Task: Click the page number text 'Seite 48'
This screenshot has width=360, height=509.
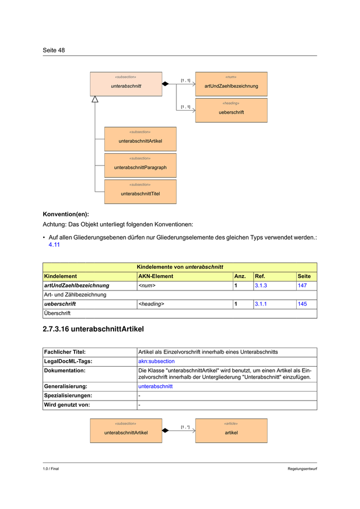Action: (x=54, y=50)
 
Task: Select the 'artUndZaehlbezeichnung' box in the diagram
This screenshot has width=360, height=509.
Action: (x=231, y=84)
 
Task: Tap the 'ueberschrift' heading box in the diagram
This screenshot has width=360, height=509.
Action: (x=231, y=110)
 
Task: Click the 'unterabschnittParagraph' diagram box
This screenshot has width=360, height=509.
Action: (x=140, y=166)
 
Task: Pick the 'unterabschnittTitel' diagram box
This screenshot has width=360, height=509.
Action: (x=140, y=192)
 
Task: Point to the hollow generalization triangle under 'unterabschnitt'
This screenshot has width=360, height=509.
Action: (x=95, y=99)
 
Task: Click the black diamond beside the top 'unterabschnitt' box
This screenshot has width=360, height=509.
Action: (x=165, y=84)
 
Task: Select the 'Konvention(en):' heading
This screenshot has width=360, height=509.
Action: (x=66, y=213)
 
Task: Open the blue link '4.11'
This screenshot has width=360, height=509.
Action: (x=55, y=245)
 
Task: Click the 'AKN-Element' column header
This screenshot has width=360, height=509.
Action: (x=156, y=276)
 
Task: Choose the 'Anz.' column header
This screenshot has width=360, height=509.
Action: (x=240, y=276)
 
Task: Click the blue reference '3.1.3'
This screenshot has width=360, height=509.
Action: (x=261, y=285)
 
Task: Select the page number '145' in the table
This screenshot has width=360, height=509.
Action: (x=302, y=304)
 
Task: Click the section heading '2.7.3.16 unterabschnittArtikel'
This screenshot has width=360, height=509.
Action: (x=94, y=328)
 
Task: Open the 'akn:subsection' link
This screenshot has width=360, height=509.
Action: (x=156, y=361)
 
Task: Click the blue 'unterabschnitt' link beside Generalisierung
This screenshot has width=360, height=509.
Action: (x=155, y=386)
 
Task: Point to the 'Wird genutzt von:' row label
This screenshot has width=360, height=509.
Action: (x=67, y=405)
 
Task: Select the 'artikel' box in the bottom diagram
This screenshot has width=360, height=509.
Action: (x=231, y=430)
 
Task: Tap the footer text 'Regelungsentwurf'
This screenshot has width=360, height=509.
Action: (x=302, y=469)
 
